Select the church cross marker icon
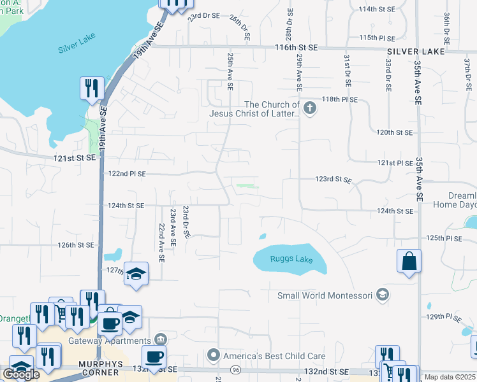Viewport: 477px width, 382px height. [310, 108]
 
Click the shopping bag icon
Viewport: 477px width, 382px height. [409, 262]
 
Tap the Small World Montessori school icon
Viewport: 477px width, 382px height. [382, 295]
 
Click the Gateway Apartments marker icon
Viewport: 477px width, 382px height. [160, 338]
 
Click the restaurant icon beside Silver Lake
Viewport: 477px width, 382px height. [92, 88]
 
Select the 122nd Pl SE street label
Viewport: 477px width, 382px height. [127, 173]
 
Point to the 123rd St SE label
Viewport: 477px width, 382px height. [333, 180]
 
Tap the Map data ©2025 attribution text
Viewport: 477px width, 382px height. [450, 377]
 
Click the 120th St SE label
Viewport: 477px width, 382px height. [394, 132]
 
